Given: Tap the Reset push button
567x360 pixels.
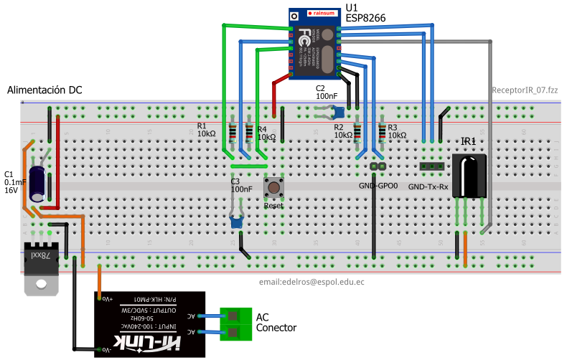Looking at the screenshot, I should point(273,188).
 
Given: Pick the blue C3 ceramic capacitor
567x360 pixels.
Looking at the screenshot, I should point(237,222).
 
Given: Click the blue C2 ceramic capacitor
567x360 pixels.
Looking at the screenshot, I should point(341,111).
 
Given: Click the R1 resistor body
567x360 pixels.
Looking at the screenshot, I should point(232,133).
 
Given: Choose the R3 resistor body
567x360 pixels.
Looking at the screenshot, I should point(380,133).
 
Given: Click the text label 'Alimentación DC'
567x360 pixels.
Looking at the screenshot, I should point(44,90).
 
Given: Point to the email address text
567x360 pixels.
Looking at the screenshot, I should point(311,283).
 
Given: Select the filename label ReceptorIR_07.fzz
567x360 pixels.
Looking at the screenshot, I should point(525,90).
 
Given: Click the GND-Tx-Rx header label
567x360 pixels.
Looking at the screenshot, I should point(428,187).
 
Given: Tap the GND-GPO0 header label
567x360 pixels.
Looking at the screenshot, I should point(378,185).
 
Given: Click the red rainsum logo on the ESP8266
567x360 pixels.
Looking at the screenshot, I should point(319,14).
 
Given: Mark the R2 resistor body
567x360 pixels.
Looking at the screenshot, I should point(358,133).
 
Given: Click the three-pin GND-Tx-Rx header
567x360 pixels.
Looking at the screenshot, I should point(430,166).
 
